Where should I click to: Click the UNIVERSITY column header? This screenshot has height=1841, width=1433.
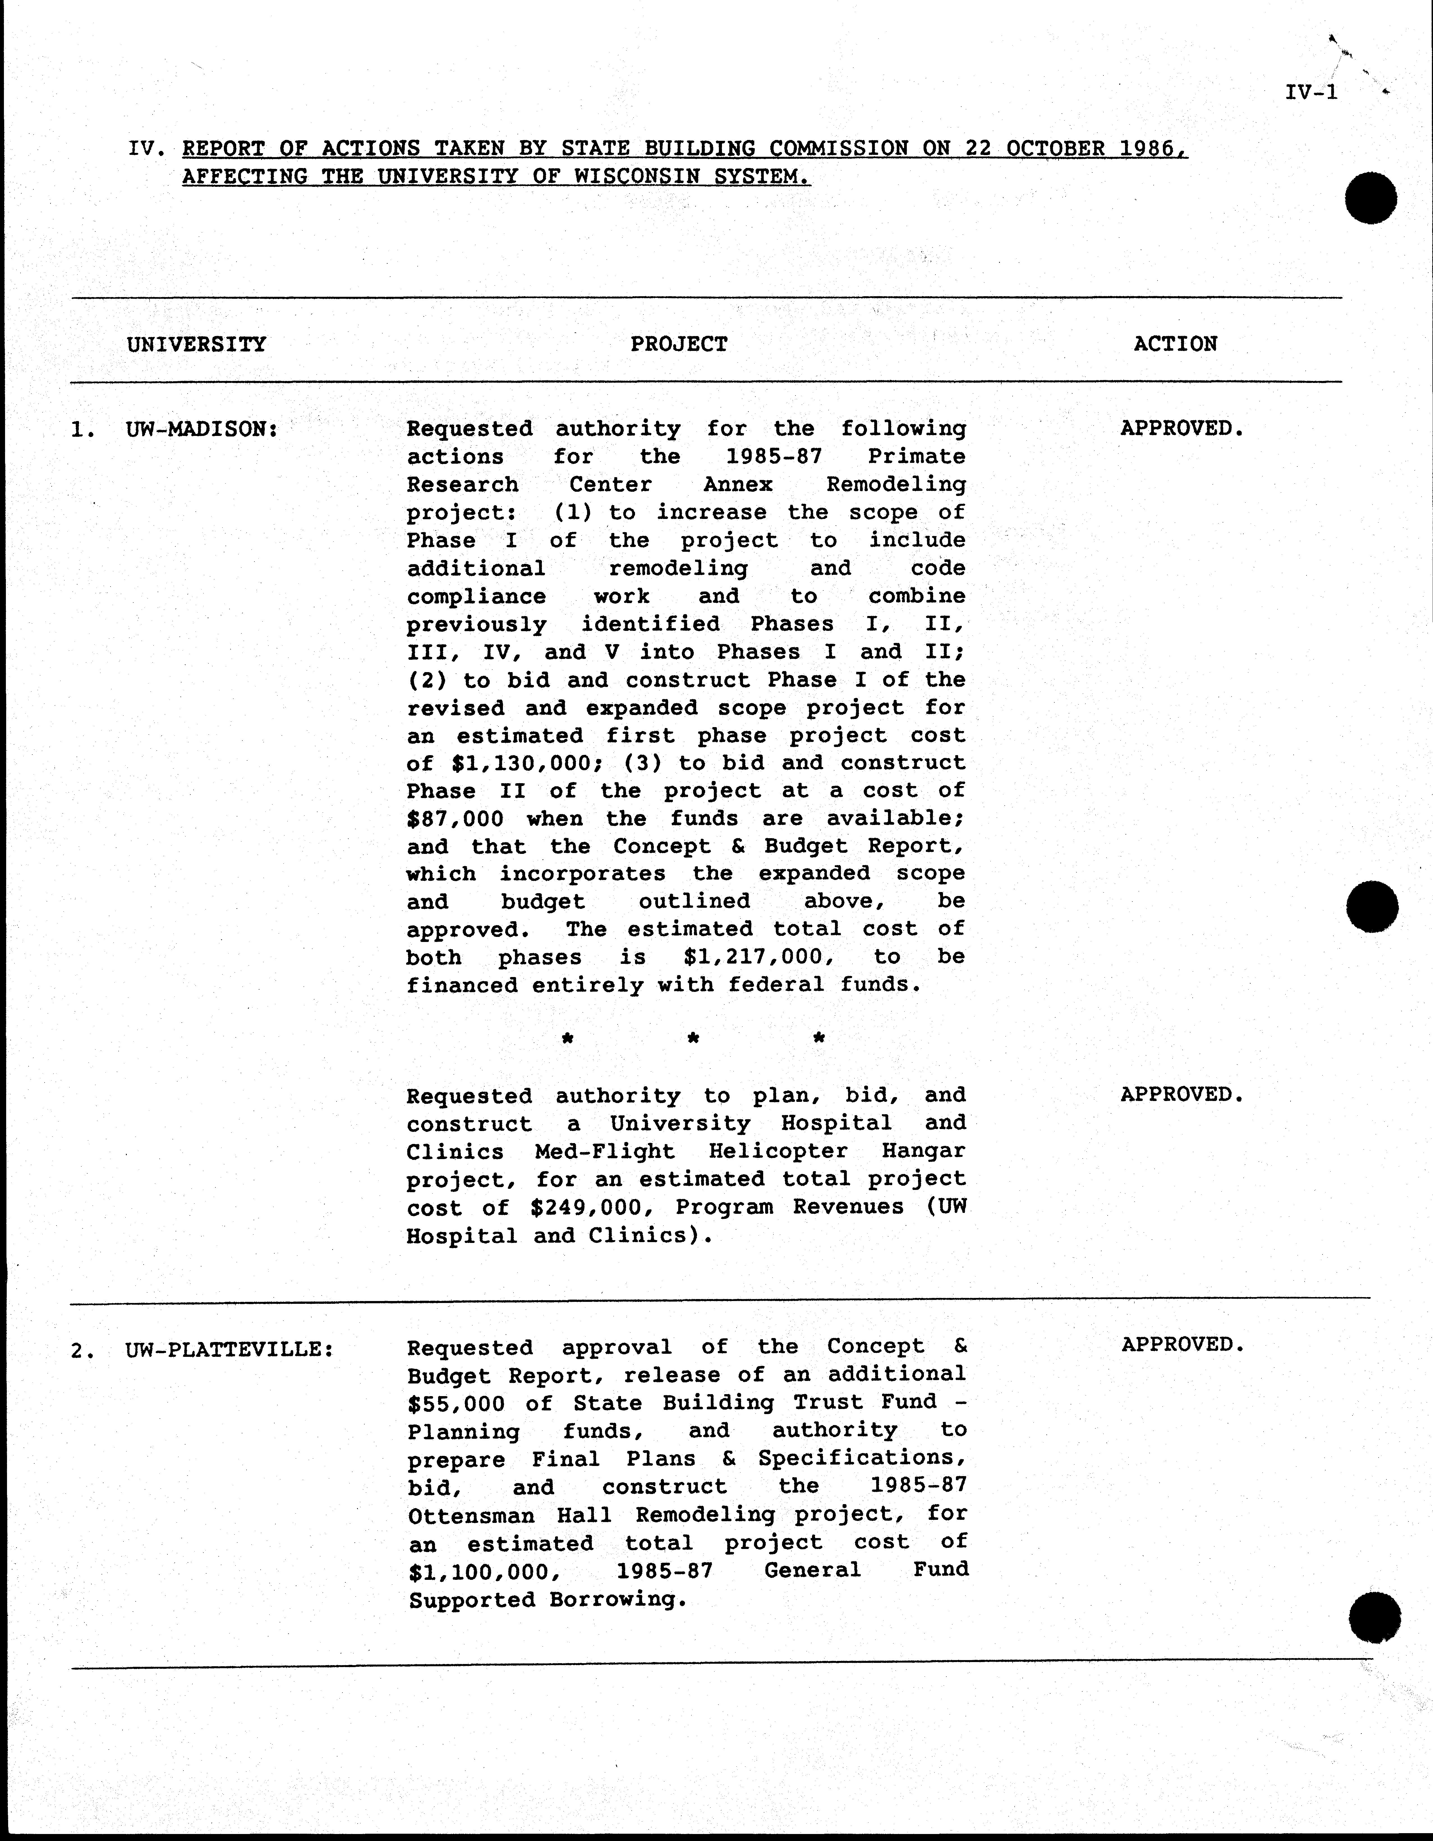tap(196, 344)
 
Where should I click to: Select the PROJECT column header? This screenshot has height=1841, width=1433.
tap(678, 344)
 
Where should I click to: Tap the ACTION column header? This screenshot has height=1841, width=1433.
tap(1175, 344)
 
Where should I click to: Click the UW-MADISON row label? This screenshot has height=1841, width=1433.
tap(201, 429)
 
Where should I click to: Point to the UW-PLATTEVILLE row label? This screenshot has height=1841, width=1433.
tap(229, 1350)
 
